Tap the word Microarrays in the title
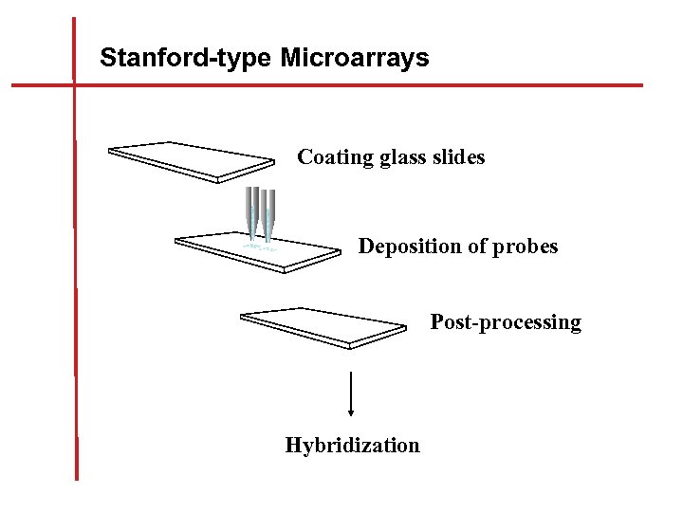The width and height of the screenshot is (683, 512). click(355, 59)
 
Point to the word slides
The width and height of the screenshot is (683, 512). click(459, 157)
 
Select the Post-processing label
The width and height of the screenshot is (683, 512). click(506, 322)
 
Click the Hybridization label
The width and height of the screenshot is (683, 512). click(352, 446)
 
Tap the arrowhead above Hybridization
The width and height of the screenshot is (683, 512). click(352, 411)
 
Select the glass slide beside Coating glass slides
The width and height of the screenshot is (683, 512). click(203, 160)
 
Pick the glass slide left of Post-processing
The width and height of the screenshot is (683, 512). click(323, 325)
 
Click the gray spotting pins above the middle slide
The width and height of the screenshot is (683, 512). click(260, 209)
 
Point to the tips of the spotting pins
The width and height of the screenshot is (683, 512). click(260, 236)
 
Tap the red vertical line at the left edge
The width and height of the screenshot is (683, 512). click(75, 284)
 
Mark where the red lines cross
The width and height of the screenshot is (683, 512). click(74, 85)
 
